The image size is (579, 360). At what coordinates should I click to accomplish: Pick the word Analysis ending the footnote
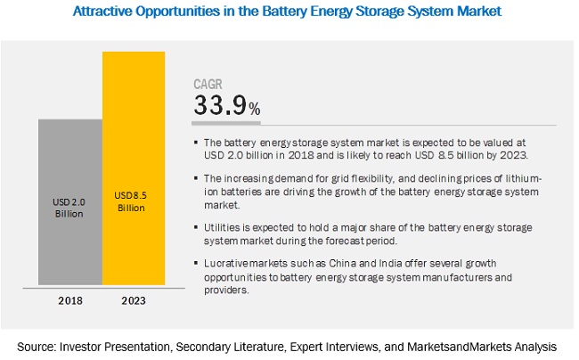(x=536, y=344)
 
